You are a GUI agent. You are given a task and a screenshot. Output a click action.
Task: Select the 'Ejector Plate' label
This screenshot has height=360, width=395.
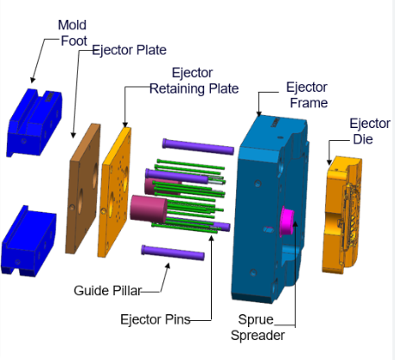coord(129,49)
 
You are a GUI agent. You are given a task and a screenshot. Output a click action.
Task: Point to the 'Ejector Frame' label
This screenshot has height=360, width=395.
coord(307,95)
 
